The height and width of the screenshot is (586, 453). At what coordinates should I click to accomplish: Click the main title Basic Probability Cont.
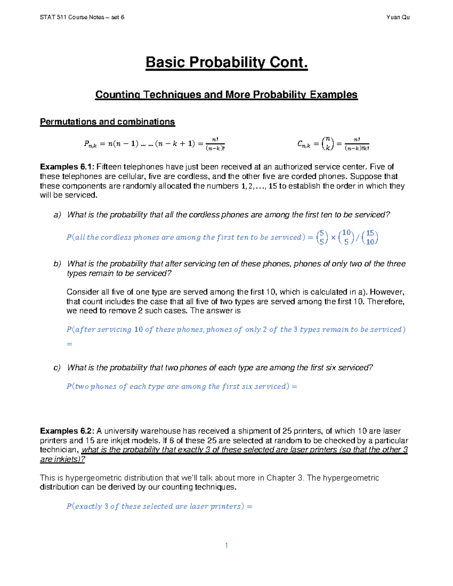pos(226,62)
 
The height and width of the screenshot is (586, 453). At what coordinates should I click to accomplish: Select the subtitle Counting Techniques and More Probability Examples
pos(226,94)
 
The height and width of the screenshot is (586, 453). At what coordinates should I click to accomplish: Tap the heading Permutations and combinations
pos(107,122)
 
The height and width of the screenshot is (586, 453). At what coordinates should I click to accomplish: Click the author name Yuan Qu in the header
pos(398,17)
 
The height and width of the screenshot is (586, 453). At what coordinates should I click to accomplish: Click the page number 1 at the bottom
pos(226,545)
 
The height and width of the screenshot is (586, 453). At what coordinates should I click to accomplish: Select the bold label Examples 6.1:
pos(68,167)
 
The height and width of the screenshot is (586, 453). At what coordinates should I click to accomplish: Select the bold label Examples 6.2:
pos(68,431)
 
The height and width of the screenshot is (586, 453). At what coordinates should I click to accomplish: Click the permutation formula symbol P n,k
pos(90,144)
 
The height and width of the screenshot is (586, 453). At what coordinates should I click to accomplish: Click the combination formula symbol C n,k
pos(304,144)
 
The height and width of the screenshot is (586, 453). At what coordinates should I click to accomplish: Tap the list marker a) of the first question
pos(57,215)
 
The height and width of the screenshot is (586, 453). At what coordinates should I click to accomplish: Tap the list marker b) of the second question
pos(57,264)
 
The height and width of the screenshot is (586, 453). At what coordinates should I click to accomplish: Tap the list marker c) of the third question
pos(57,368)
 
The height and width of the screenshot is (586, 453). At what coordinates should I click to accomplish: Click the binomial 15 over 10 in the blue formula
pos(370,238)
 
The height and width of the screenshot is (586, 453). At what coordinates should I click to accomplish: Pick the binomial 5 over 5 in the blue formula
pos(322,238)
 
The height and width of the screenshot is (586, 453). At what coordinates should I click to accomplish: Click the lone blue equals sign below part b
pos(69,344)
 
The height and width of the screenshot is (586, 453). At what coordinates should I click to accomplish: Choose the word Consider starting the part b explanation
pos(81,292)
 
